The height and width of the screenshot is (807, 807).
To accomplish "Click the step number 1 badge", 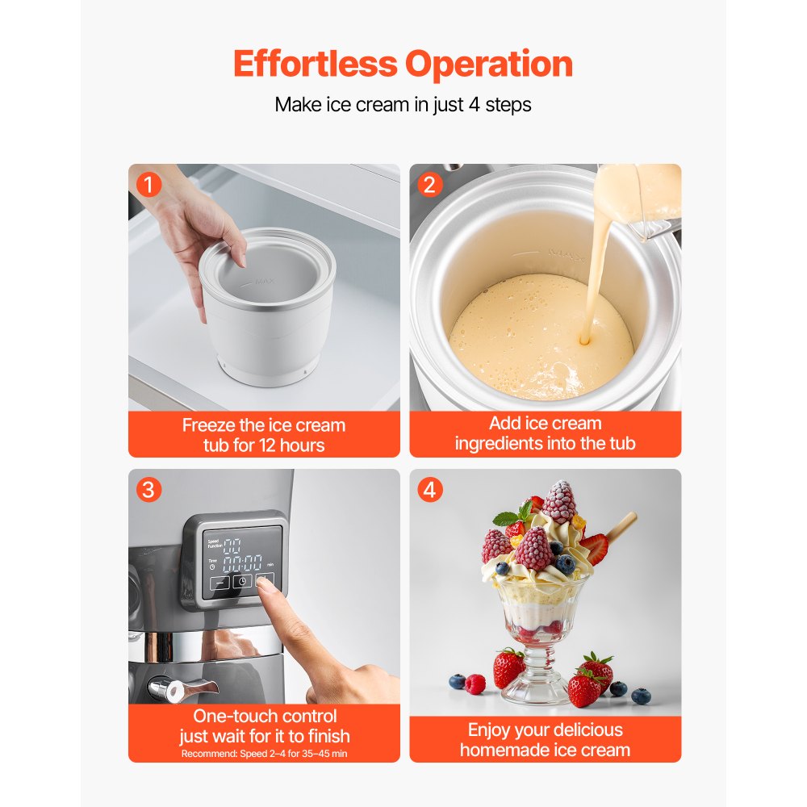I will click(x=148, y=185).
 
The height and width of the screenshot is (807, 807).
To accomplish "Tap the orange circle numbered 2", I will click(x=429, y=185).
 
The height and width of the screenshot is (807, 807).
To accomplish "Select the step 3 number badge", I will click(x=148, y=490).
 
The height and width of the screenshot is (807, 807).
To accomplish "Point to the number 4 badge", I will click(x=429, y=490).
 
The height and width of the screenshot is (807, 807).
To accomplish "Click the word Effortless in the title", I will click(x=316, y=64).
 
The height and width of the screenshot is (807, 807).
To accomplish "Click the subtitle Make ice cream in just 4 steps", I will click(x=403, y=105).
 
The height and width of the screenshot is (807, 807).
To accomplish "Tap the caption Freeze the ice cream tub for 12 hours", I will click(x=264, y=435).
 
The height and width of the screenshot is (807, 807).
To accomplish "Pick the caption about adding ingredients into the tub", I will click(x=545, y=433).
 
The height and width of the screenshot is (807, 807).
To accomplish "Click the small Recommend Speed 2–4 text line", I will click(x=264, y=753).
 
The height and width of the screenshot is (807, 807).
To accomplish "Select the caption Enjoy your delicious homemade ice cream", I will click(x=545, y=739).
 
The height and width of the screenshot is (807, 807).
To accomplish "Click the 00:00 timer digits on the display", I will click(x=241, y=562).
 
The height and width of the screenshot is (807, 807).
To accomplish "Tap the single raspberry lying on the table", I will click(x=475, y=684).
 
